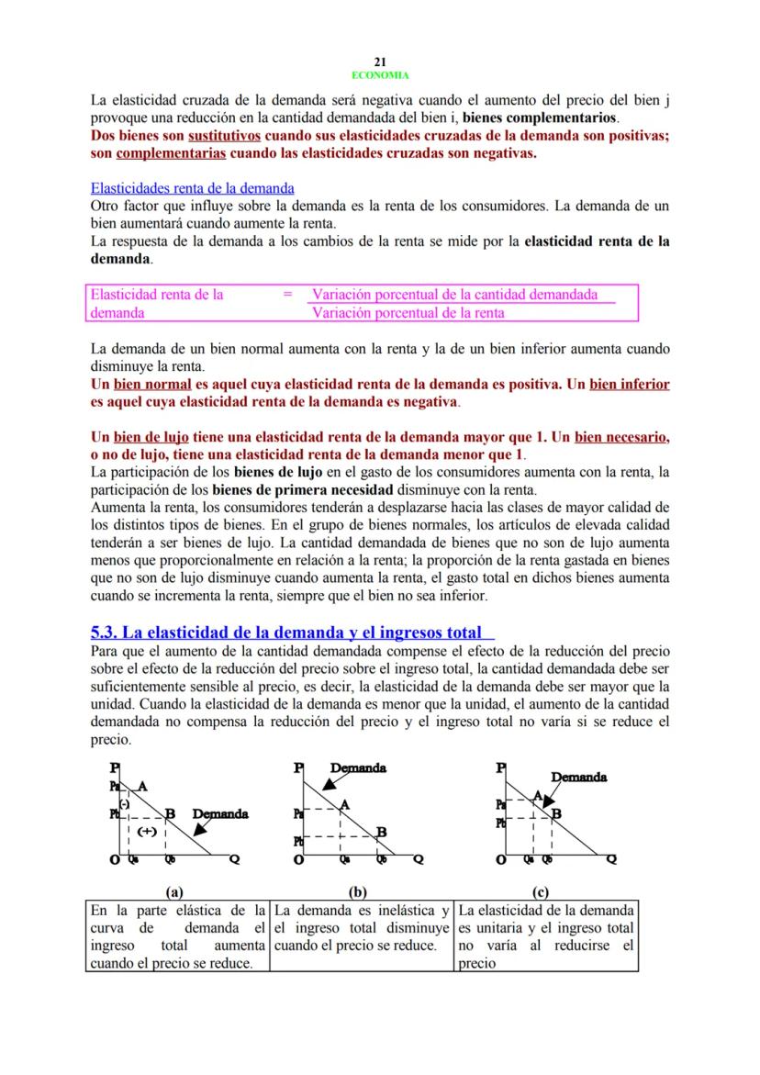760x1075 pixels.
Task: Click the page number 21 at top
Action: [379, 62]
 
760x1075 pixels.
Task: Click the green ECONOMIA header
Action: [379, 75]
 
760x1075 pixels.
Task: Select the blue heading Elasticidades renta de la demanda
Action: [193, 188]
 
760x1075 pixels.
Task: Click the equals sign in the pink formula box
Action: [287, 295]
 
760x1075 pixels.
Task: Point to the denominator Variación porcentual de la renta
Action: [408, 313]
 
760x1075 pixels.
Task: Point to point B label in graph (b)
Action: [381, 832]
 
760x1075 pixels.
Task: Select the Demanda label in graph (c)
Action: [578, 777]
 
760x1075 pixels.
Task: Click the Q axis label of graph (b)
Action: [419, 860]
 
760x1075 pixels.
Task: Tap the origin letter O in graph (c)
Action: [500, 860]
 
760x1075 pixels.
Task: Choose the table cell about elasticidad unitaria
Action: [545, 936]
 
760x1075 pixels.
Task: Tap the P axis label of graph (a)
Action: [115, 767]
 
